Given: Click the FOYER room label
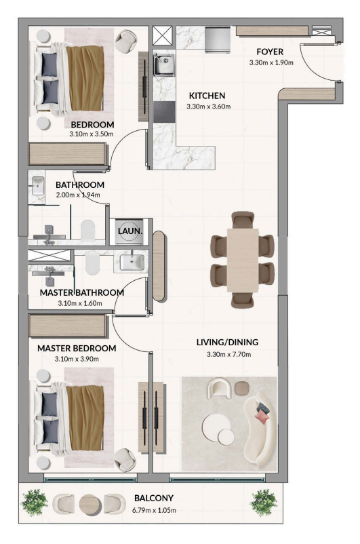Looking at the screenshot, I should (269, 52).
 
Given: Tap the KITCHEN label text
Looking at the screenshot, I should (207, 96).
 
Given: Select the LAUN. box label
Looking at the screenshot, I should (129, 232).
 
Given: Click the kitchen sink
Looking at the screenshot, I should (163, 65).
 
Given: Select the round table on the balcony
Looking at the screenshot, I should (90, 503).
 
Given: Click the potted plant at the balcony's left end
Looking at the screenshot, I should (35, 503).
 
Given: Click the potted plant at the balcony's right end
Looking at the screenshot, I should (264, 503).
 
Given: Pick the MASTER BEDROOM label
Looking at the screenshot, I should (77, 348).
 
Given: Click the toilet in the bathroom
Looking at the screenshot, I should (88, 231).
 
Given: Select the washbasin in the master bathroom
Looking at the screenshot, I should (129, 260).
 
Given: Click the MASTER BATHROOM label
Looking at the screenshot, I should (81, 292).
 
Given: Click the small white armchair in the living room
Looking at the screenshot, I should (220, 389).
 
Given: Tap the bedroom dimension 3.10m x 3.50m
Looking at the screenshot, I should (92, 134).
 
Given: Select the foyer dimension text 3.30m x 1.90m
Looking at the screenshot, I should (270, 63).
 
